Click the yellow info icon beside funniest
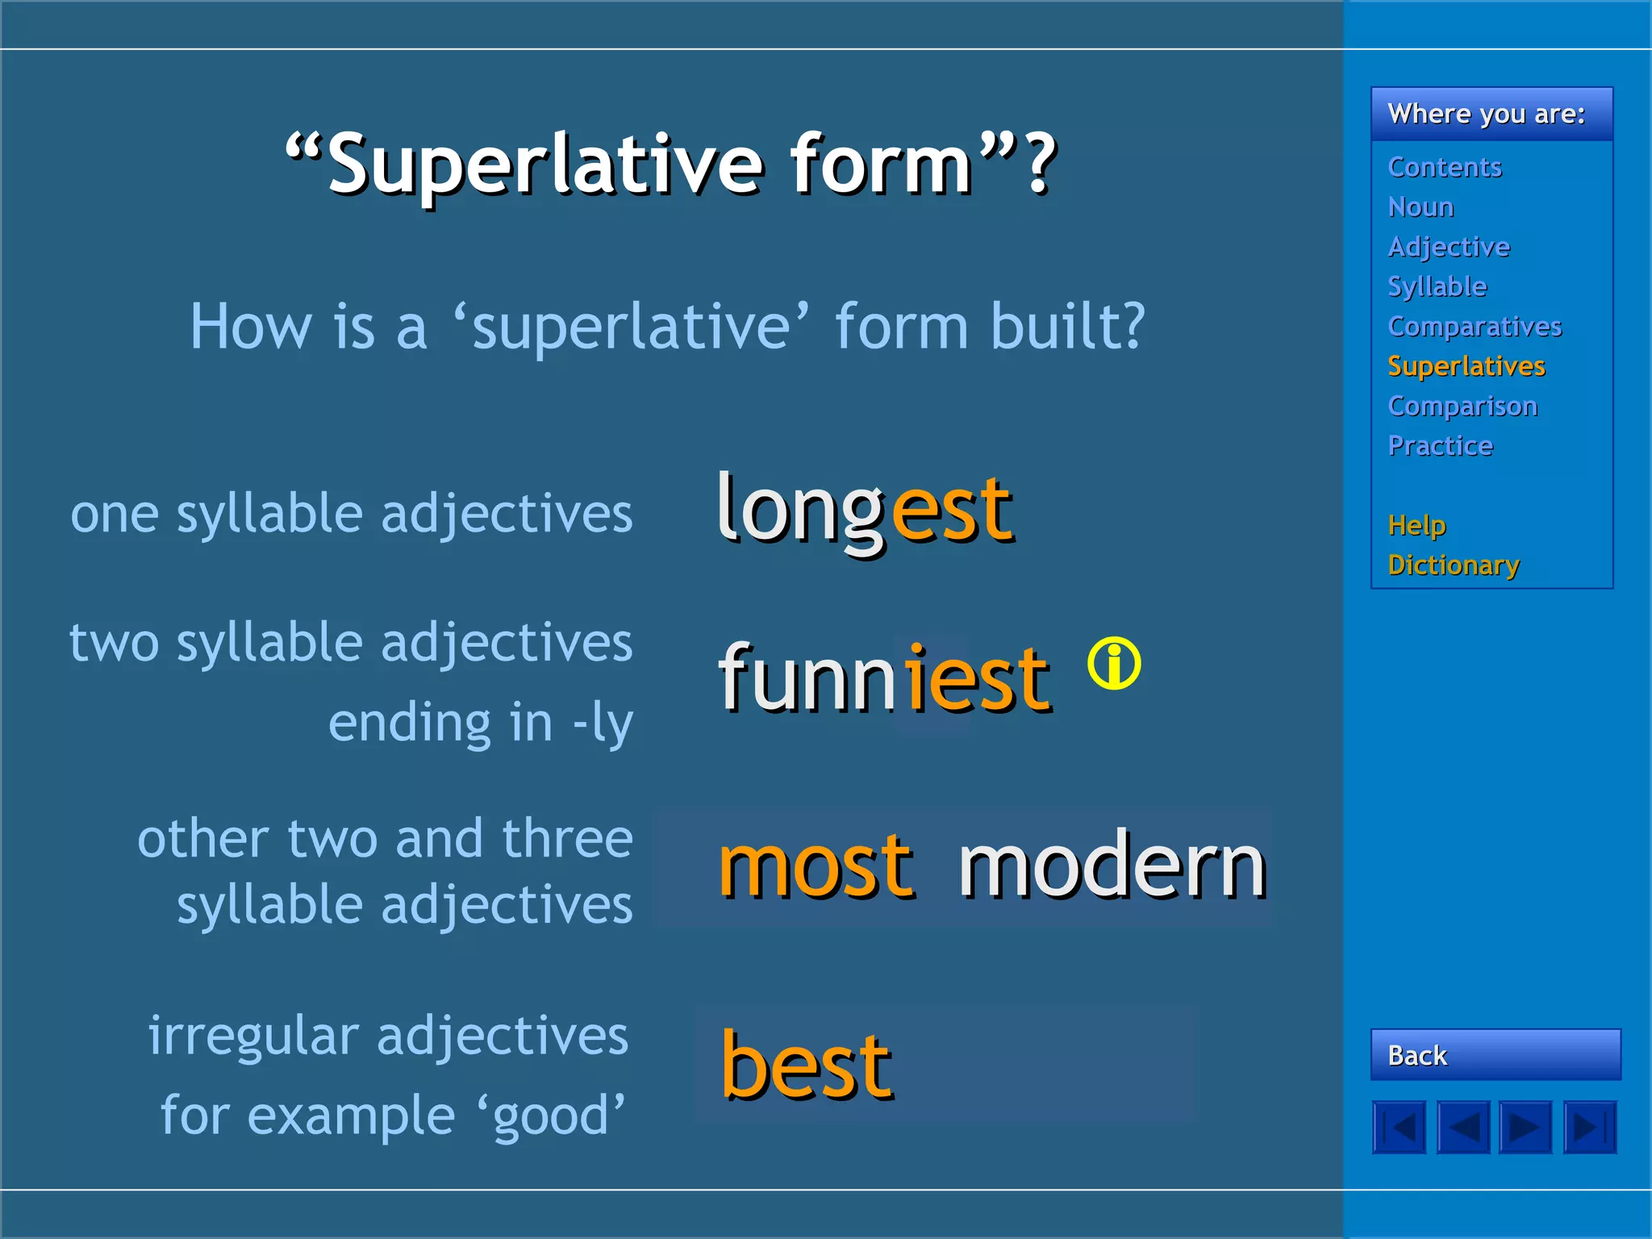(1114, 664)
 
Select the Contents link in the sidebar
(1444, 167)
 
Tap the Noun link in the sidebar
(1420, 207)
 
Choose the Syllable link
(1437, 286)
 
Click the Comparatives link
(1475, 327)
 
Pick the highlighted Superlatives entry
(1466, 366)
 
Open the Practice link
(1440, 445)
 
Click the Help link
(1416, 525)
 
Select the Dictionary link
(1454, 565)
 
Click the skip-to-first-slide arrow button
(1400, 1127)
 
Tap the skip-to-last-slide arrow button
(1590, 1127)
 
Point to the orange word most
(816, 867)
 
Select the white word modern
(1112, 867)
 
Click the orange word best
(806, 1066)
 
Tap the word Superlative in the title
(545, 165)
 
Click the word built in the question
(1066, 327)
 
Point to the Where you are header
(1486, 114)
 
